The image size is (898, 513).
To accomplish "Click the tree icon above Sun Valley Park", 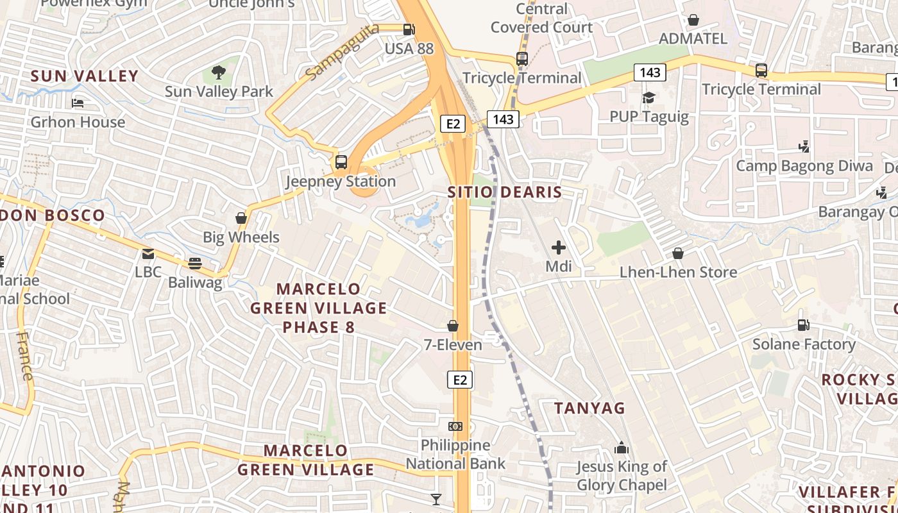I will pos(219,72).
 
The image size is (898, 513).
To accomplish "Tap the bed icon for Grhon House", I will pos(78,103).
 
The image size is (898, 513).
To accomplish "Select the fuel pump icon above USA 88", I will pos(409,29).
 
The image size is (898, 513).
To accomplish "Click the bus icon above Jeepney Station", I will pos(341,162).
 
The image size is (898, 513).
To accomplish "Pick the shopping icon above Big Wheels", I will pos(241,218).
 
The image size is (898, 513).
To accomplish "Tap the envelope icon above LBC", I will pos(148,253).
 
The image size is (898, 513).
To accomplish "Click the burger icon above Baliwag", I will pos(195,264).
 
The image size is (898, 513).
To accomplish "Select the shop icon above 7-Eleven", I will pos(453,326).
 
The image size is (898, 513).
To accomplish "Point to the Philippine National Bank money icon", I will pos(455,426).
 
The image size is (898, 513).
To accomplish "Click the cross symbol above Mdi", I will pos(559,247).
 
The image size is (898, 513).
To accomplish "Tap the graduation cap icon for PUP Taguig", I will pos(648,97).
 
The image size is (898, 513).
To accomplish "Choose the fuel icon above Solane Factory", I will pos(803,325).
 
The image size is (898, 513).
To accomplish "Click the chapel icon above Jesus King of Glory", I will pos(621,448).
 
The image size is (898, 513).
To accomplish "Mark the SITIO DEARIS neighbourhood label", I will pos(505,192).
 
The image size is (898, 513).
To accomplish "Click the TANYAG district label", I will pos(589,408).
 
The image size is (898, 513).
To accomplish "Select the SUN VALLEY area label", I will pos(85,76).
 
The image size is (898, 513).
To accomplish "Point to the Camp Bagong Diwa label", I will pos(804,166).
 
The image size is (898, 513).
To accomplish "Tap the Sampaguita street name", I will pos(329,58).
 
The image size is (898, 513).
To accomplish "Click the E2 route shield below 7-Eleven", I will pos(460,380).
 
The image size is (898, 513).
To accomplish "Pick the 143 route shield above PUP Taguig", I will pos(650,72).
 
